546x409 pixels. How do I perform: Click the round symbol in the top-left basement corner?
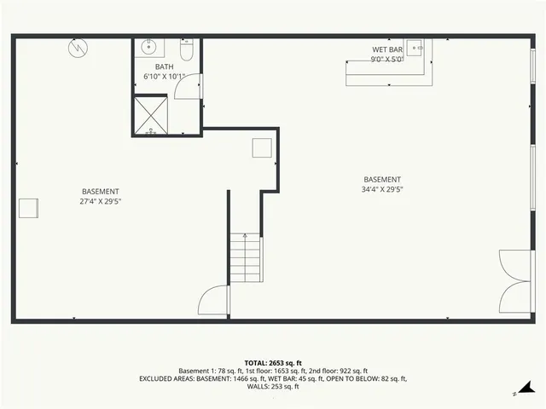point(77,49)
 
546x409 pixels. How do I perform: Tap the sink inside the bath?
point(148,46)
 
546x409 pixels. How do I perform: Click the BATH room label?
point(165,66)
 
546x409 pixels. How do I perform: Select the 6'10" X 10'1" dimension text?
point(165,77)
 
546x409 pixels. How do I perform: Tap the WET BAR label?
point(387,49)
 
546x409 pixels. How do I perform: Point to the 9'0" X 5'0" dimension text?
point(387,60)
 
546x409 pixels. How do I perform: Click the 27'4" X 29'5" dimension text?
point(100,202)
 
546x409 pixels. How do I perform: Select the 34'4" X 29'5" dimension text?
point(382,189)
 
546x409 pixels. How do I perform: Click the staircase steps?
point(246,259)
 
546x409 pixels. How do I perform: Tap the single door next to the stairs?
point(214,302)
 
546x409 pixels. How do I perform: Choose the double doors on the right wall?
point(515,282)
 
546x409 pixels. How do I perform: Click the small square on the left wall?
point(28,209)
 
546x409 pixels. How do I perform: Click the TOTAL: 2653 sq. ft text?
point(273,363)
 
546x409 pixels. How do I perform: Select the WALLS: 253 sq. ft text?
point(273,387)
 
